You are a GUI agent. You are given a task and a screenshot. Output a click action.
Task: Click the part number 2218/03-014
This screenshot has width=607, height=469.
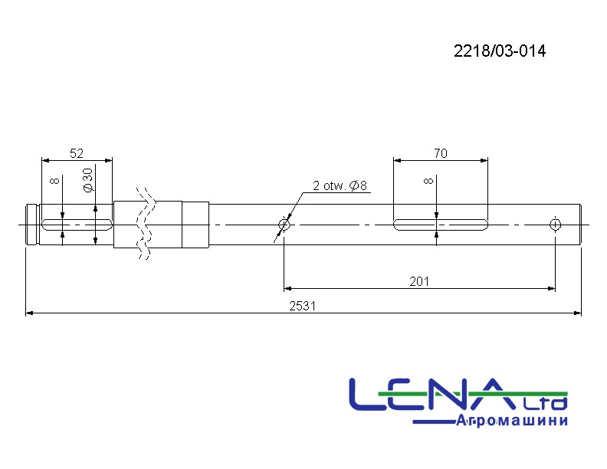[x=500, y=51]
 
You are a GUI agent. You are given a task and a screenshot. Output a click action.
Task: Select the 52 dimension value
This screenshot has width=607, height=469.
[x=77, y=153]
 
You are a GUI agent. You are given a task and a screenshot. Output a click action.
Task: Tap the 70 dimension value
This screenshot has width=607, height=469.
[x=441, y=153]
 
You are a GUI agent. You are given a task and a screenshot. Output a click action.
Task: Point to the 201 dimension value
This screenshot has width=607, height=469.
[x=419, y=281]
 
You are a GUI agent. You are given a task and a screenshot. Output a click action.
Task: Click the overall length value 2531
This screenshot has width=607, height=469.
[x=302, y=306]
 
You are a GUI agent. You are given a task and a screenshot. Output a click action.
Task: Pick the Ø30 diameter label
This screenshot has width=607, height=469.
[x=89, y=180]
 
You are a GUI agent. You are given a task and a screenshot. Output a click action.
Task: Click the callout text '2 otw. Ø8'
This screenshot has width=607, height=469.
[x=340, y=185]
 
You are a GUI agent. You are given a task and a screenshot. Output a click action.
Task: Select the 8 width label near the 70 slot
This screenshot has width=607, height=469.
[x=428, y=181]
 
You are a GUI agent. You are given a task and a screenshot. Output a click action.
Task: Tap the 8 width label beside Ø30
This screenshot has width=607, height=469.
[x=55, y=181]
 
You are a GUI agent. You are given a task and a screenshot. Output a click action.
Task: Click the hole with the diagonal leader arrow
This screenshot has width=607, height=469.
[x=284, y=225]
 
